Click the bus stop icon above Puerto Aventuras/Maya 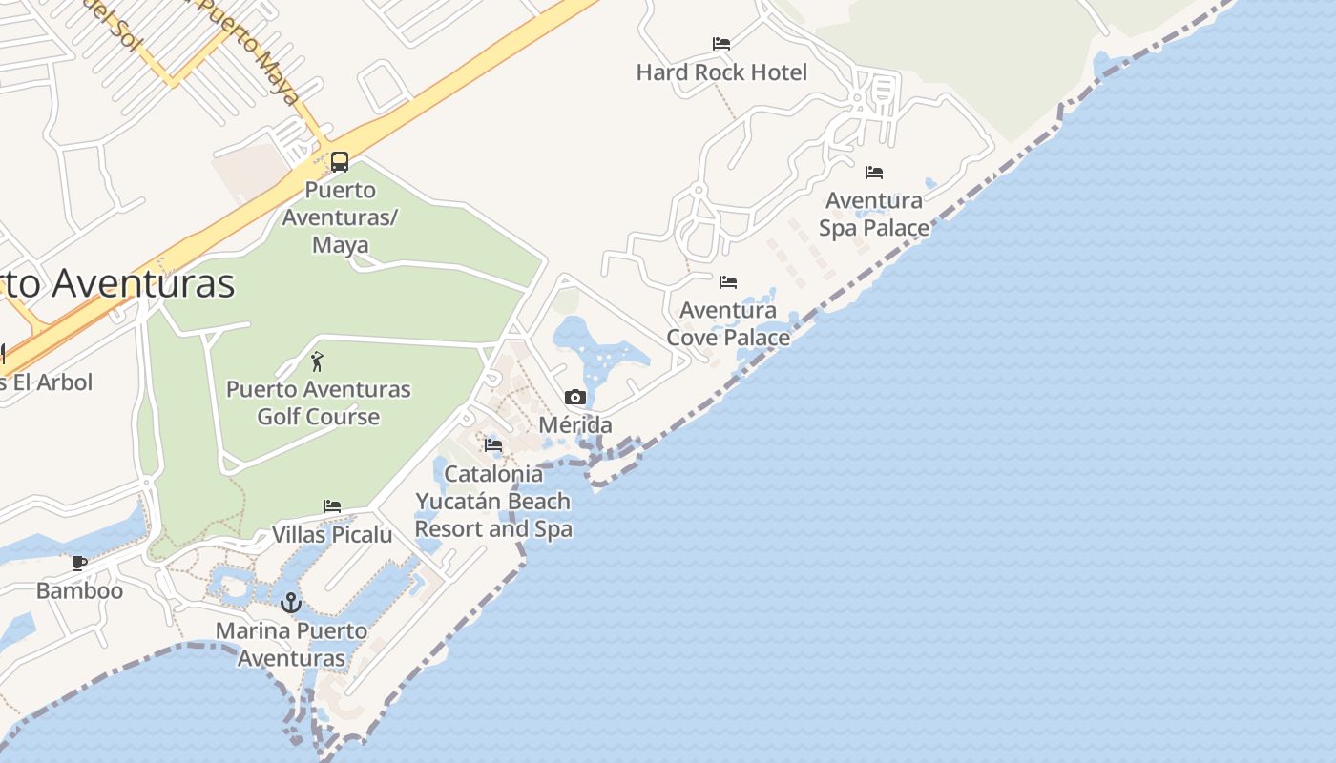pos(340,161)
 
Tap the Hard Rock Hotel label pos(721,72)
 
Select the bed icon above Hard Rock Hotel pos(721,44)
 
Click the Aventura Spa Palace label pos(874,215)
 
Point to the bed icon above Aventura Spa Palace pos(874,173)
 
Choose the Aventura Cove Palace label pos(728,324)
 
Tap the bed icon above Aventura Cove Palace pos(728,282)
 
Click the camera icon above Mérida pos(575,398)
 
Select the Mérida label pos(575,425)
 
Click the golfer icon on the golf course pos(318,361)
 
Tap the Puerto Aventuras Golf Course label pos(318,402)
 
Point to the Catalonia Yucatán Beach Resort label pos(493,502)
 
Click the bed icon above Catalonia pos(493,445)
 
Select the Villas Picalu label pos(332,535)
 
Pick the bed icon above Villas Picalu pos(332,506)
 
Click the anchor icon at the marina pos(291,602)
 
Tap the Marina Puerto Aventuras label pos(291,644)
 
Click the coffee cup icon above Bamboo pos(79,563)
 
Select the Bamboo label pos(79,591)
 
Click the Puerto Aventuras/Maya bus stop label pos(341,217)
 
